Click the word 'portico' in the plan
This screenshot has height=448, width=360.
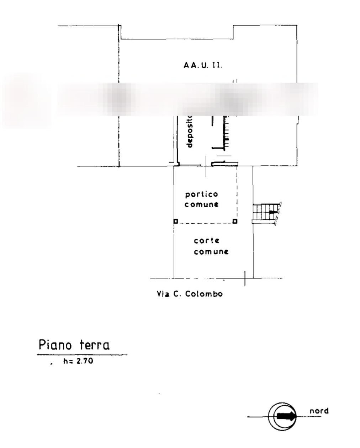201,194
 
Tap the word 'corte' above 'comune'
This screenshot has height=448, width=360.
207,241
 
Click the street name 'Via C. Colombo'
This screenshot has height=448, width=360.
190,294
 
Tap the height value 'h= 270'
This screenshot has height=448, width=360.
78,362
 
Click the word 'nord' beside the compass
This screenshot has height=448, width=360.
319,411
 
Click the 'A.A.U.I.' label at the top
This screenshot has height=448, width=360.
203,65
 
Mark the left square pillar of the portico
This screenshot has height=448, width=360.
175,221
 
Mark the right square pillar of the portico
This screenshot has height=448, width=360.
235,221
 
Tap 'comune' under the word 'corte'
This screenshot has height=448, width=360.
211,252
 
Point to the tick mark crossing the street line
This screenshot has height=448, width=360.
245,278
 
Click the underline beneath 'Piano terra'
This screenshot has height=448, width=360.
82,354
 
